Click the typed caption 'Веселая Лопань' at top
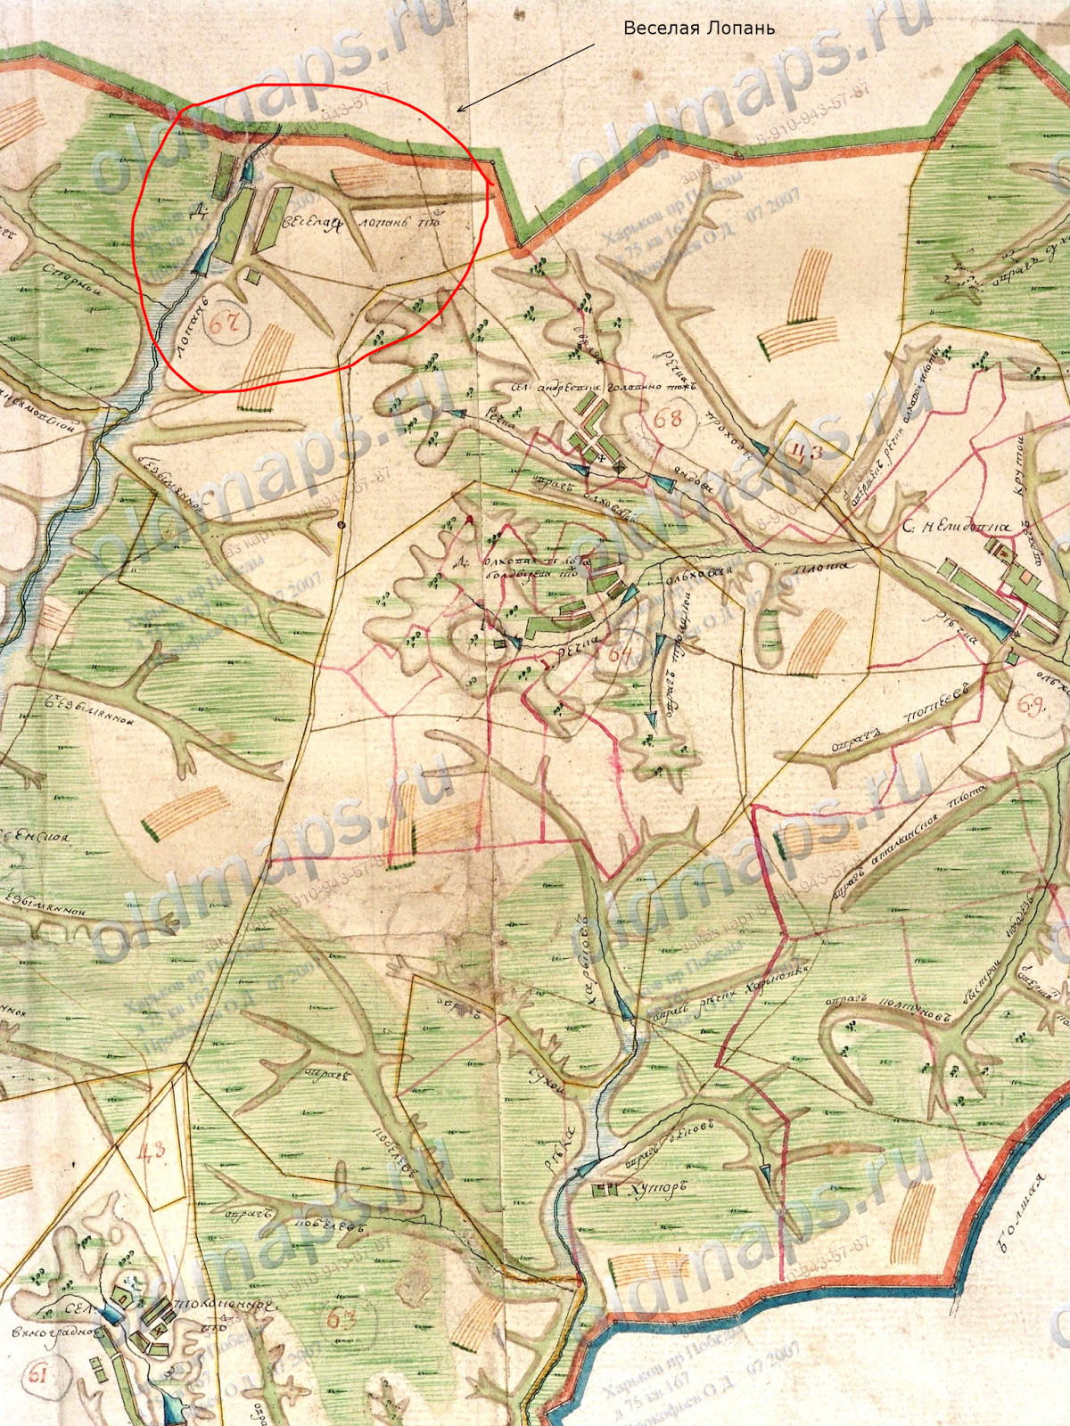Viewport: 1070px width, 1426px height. [x=699, y=28]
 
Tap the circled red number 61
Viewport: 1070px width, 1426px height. [x=37, y=1373]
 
